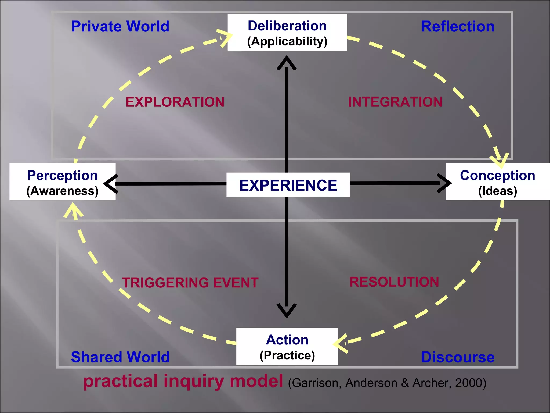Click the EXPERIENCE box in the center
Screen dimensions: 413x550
tap(288, 185)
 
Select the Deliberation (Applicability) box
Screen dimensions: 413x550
tap(287, 33)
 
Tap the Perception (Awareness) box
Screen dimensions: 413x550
tap(62, 182)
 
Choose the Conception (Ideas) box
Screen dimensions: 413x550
tap(497, 182)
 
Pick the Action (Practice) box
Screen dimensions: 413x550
tap(287, 346)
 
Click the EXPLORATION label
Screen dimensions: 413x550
tap(175, 102)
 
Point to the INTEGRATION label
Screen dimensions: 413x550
tap(395, 102)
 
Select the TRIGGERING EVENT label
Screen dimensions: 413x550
tap(190, 283)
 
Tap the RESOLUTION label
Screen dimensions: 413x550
tap(394, 282)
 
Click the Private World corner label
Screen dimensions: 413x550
tap(120, 27)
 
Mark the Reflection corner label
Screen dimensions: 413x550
tap(458, 27)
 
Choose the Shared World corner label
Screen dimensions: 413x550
tap(120, 357)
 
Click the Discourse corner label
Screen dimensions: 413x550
tap(458, 357)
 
